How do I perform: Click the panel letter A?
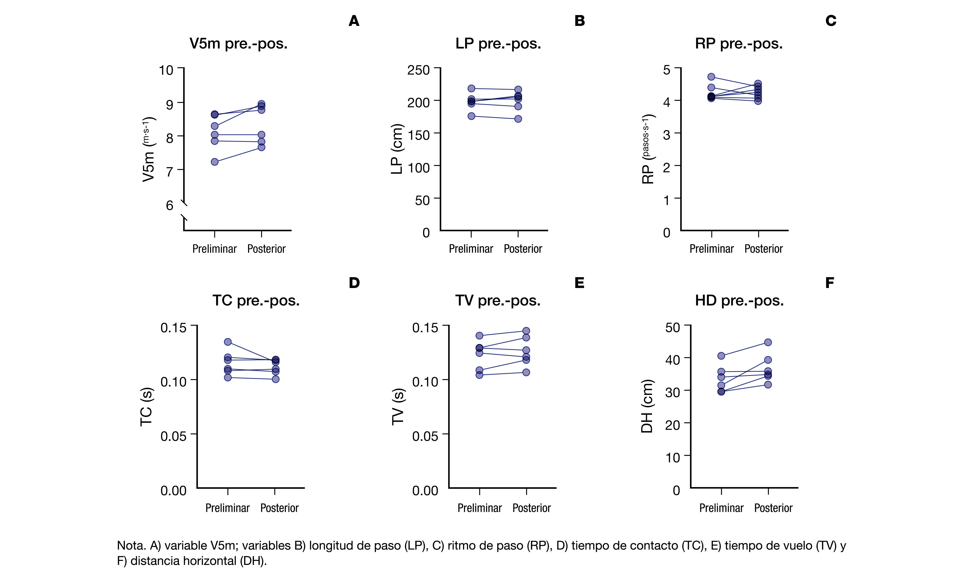point(354,21)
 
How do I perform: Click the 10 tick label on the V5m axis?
point(166,70)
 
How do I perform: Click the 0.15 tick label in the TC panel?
point(173,328)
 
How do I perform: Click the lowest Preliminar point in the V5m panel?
point(215,162)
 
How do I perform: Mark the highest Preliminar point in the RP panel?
point(711,77)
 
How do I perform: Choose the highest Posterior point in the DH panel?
point(768,342)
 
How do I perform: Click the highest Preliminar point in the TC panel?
point(228,342)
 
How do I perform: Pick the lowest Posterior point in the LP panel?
point(518,119)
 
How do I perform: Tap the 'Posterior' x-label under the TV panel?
point(531,508)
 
